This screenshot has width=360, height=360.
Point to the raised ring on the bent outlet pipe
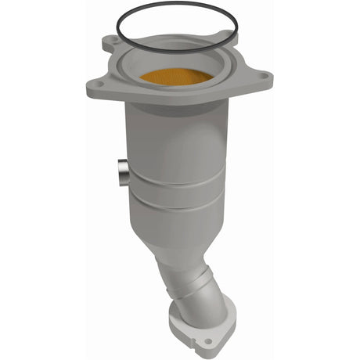click(x=206, y=277)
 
